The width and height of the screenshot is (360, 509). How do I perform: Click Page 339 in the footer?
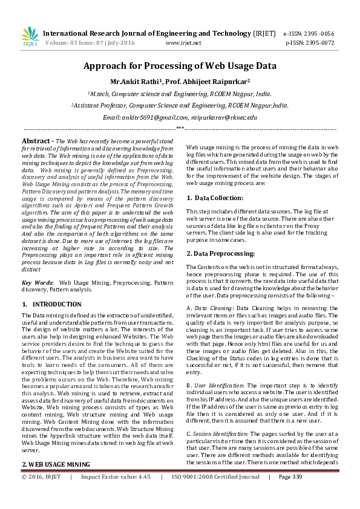pyautogui.click(x=290, y=494)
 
